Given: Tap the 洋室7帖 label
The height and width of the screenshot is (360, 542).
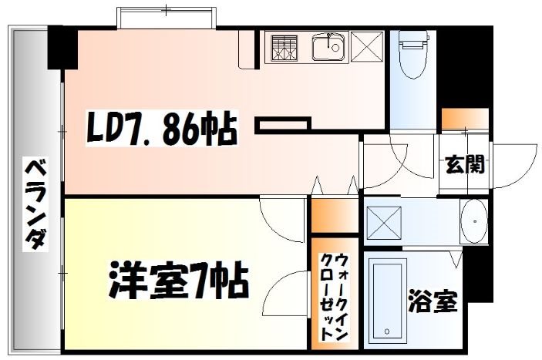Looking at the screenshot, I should click(178, 282).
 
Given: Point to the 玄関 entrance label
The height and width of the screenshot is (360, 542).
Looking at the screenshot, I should click(465, 164).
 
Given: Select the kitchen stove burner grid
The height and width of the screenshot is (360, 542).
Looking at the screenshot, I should click(285, 48).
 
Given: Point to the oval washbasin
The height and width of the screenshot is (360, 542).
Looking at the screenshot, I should click(474, 222).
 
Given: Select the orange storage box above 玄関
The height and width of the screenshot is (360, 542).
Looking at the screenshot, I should click(465, 120).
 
